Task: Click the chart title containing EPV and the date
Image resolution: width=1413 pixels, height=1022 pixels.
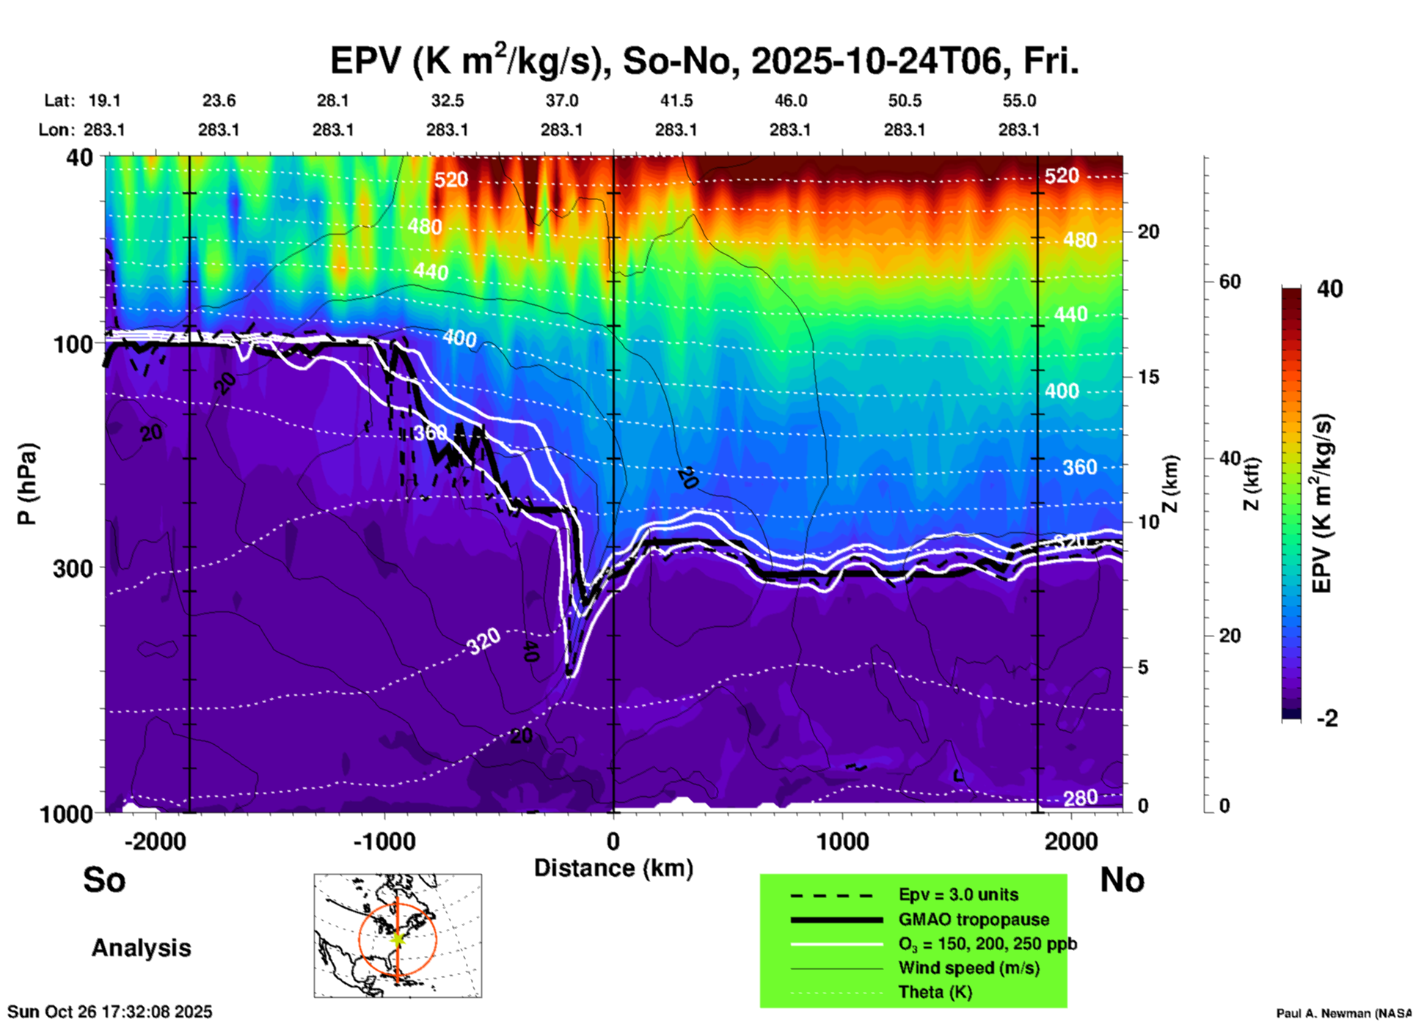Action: pyautogui.click(x=704, y=60)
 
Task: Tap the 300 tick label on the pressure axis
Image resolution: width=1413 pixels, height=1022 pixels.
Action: pyautogui.click(x=73, y=568)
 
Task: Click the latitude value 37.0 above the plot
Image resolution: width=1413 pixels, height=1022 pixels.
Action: pyautogui.click(x=561, y=100)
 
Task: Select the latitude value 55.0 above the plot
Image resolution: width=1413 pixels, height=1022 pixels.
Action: pyautogui.click(x=1019, y=100)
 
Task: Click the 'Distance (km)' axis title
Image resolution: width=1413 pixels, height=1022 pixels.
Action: pyautogui.click(x=613, y=868)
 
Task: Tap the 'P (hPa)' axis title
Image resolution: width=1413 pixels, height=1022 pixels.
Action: pyautogui.click(x=26, y=484)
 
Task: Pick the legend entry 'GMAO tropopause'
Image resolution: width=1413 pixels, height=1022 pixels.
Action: pyautogui.click(x=974, y=919)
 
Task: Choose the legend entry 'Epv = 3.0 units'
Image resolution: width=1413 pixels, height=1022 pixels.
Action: pyautogui.click(x=958, y=894)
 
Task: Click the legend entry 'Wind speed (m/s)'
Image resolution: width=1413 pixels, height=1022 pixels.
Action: pyautogui.click(x=968, y=968)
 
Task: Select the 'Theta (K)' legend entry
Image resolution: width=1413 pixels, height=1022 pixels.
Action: pyautogui.click(x=935, y=992)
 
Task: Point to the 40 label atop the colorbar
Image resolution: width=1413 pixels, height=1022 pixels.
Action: pyautogui.click(x=1329, y=289)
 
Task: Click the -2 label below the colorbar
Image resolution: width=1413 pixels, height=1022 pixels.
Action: pyautogui.click(x=1327, y=718)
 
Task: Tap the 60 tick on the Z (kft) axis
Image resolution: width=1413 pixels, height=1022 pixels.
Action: pyautogui.click(x=1230, y=282)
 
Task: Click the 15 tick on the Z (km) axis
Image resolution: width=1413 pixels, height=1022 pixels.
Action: pyautogui.click(x=1148, y=377)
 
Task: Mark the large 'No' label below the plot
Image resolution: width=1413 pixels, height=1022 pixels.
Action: pyautogui.click(x=1122, y=880)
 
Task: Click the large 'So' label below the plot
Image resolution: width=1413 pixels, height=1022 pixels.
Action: pyautogui.click(x=104, y=880)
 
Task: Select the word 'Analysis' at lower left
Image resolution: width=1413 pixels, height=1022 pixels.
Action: pyautogui.click(x=141, y=948)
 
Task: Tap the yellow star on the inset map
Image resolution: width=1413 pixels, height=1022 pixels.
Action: pyautogui.click(x=398, y=938)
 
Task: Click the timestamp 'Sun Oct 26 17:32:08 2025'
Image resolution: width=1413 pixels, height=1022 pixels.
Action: pyautogui.click(x=110, y=1012)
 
